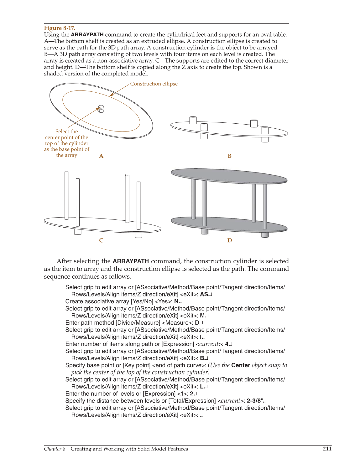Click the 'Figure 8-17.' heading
pyautogui.click(x=59, y=28)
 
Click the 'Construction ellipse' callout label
pyautogui.click(x=154, y=84)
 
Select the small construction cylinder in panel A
pyautogui.click(x=101, y=109)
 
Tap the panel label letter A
pyautogui.click(x=101, y=156)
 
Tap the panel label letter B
pyautogui.click(x=229, y=156)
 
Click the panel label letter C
pyautogui.click(x=101, y=240)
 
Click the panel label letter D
pyautogui.click(x=229, y=240)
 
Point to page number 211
pyautogui.click(x=327, y=449)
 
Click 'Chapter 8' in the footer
pyautogui.click(x=55, y=449)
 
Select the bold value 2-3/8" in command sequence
pyautogui.click(x=255, y=401)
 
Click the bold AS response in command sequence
pyautogui.click(x=204, y=294)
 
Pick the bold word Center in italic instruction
pyautogui.click(x=240, y=365)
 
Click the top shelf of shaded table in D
pyautogui.click(x=229, y=176)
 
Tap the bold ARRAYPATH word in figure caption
pyautogui.click(x=87, y=34)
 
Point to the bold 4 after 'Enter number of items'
pyautogui.click(x=227, y=344)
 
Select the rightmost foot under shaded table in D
pyautogui.click(x=265, y=234)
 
